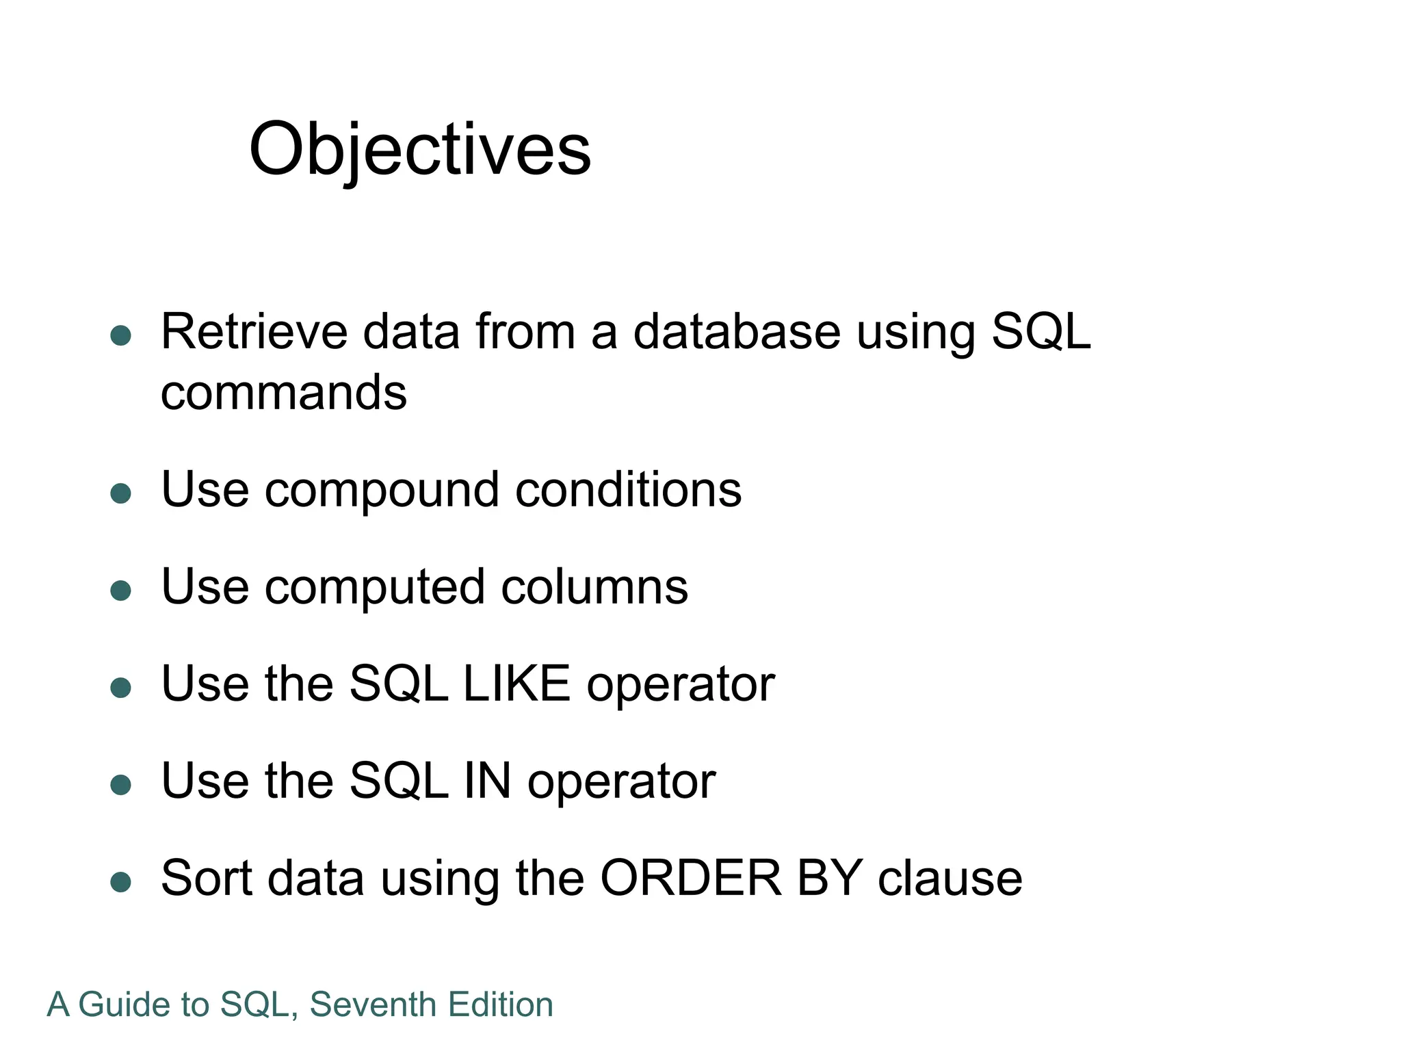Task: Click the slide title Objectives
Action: tap(419, 148)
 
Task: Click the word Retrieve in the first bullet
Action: tap(254, 332)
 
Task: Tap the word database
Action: tap(736, 332)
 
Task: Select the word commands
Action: tap(283, 393)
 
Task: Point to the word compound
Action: tap(382, 491)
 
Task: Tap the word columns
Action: tap(594, 587)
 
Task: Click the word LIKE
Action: tap(516, 684)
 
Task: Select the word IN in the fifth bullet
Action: tap(487, 781)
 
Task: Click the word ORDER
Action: tap(690, 878)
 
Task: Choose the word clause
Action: tap(950, 878)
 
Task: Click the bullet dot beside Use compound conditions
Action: tap(120, 493)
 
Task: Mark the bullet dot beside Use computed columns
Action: tap(120, 591)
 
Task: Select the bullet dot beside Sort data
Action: tap(120, 882)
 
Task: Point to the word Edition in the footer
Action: tap(500, 1005)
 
